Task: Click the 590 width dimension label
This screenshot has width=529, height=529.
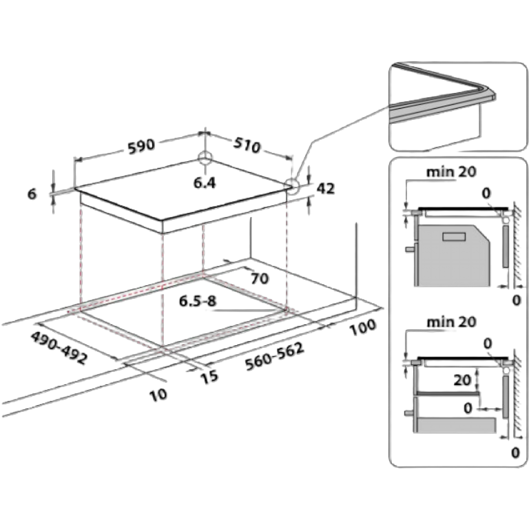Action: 141,147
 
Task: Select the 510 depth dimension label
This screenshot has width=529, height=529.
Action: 247,145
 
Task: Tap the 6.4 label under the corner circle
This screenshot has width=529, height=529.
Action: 205,183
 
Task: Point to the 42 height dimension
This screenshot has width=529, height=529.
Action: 326,188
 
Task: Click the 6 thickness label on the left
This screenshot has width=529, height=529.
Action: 32,194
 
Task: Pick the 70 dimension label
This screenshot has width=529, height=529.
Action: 260,278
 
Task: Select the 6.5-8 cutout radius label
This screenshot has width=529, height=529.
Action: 198,300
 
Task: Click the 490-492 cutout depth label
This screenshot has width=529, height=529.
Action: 59,348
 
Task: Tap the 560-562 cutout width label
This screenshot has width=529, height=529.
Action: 274,357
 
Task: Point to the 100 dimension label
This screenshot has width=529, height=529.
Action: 363,326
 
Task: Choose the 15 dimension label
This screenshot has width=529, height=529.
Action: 209,377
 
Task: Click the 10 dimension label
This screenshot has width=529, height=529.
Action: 158,395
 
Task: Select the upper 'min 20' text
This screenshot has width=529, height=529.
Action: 451,172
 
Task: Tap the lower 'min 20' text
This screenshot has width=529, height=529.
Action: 451,322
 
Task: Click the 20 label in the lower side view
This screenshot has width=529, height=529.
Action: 462,380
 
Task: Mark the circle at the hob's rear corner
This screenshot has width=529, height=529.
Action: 205,158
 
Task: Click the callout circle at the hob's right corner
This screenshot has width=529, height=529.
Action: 292,186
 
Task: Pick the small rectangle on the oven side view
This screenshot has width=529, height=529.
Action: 454,236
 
